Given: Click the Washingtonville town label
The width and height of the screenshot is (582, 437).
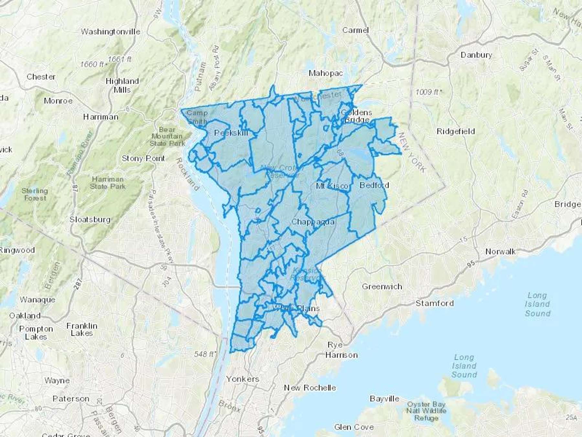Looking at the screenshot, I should (x=111, y=32).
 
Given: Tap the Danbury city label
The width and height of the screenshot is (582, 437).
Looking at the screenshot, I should (x=476, y=55).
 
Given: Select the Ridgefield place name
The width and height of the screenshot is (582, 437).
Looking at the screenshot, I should (x=456, y=131).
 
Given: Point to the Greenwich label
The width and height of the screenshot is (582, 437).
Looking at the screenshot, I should (x=382, y=286).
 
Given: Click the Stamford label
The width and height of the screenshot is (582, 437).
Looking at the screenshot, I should (x=435, y=303).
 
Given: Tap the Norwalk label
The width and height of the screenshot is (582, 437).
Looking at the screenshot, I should (x=501, y=252).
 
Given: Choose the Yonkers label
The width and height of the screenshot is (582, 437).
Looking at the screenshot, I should (x=242, y=379).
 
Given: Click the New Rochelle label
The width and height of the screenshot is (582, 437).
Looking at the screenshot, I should (x=310, y=388).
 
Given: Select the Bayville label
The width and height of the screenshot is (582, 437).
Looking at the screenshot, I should (x=384, y=399).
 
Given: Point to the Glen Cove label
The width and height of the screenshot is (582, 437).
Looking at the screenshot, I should (x=354, y=427).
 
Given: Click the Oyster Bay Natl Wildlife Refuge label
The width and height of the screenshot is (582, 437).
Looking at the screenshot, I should (x=426, y=411).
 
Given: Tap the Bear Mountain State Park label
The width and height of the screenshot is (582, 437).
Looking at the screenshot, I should (x=167, y=136).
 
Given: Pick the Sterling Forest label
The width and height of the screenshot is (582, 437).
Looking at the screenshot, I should (x=35, y=194).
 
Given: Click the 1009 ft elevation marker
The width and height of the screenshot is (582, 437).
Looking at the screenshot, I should (x=427, y=92).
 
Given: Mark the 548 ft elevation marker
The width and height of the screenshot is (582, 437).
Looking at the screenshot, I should (x=205, y=354).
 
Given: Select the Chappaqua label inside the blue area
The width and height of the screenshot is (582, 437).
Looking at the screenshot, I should (x=313, y=222).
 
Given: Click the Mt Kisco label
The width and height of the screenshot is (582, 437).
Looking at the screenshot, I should (x=332, y=186).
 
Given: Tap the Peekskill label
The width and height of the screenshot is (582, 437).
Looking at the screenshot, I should (x=231, y=133).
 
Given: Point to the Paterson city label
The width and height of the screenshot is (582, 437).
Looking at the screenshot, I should (x=71, y=399).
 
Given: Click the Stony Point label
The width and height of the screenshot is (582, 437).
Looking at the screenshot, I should (x=143, y=159).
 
